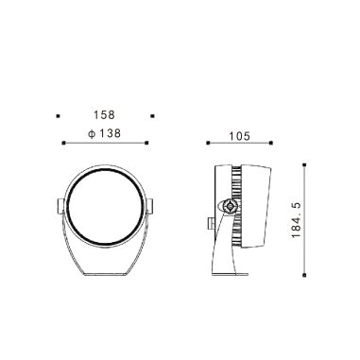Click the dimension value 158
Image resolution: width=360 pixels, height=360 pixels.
[x=105, y=115]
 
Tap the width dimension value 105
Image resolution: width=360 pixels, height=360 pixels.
[x=238, y=136]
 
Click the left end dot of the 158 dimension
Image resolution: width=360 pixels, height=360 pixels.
[x=59, y=115]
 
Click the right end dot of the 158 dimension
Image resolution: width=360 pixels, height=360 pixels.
[x=152, y=115]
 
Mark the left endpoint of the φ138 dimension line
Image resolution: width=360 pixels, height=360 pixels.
[x=62, y=143]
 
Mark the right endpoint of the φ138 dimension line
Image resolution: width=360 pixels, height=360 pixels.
[x=148, y=143]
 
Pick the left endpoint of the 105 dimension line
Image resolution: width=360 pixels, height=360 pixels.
[x=208, y=143]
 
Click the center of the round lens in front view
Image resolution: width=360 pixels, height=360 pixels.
[x=105, y=208]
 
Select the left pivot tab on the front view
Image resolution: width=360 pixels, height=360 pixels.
[x=59, y=205]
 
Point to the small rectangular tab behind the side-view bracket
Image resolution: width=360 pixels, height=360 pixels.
[x=210, y=225]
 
